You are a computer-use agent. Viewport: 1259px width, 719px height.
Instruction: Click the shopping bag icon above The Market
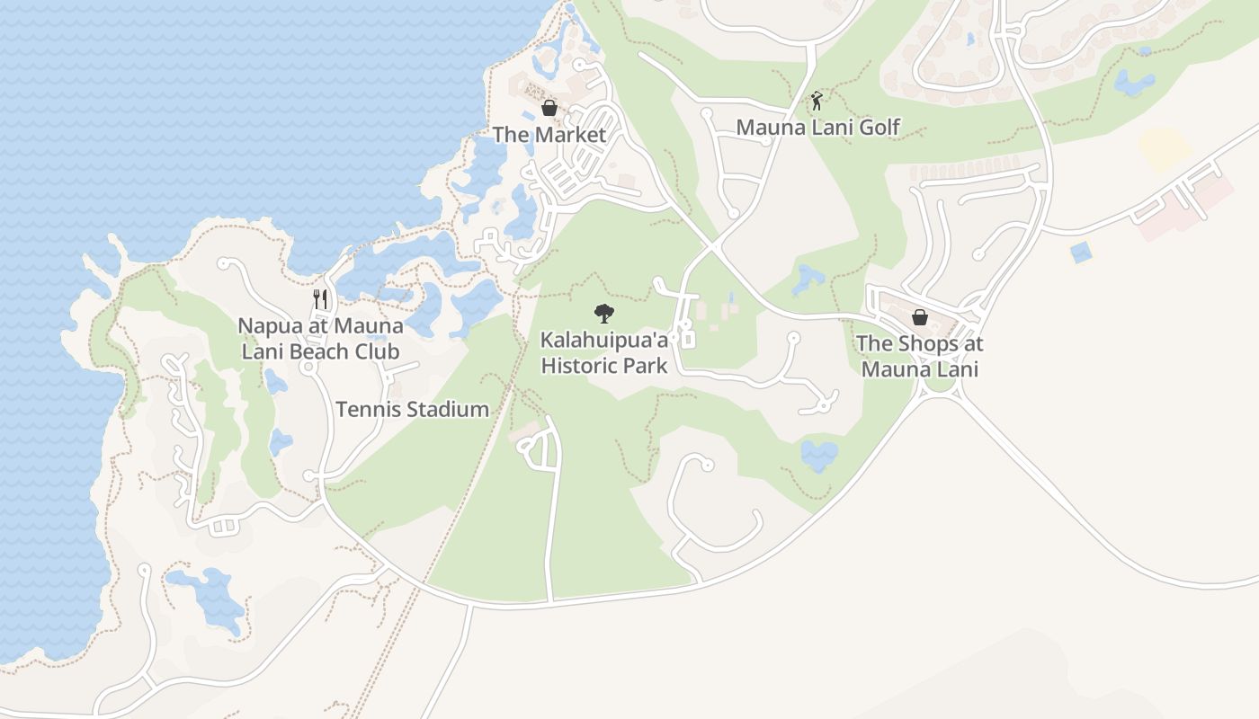(x=549, y=109)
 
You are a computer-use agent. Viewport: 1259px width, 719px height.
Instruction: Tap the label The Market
(x=549, y=135)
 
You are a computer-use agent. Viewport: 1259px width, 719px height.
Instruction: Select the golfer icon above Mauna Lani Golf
(x=817, y=101)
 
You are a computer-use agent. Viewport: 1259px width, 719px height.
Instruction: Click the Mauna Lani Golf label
(x=817, y=128)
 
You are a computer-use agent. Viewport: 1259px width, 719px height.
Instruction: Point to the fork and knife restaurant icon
(x=321, y=299)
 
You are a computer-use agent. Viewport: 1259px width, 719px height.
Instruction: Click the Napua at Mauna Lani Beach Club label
(x=320, y=338)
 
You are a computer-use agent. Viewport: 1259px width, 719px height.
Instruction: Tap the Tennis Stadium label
(x=413, y=410)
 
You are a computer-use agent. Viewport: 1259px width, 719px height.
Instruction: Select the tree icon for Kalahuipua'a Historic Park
(x=604, y=314)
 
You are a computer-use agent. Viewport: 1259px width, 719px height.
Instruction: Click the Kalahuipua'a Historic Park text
(x=604, y=353)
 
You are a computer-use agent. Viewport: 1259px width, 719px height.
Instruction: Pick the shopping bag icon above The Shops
(x=920, y=317)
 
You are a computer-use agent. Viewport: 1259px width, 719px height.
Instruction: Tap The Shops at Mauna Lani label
(x=920, y=356)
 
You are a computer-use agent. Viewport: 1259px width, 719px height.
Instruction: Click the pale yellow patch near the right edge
(x=1165, y=148)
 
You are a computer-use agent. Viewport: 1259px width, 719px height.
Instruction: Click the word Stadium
(x=449, y=410)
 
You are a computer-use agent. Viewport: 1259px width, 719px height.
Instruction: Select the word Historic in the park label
(x=583, y=366)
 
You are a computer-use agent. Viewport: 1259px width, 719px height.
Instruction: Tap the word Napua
(x=267, y=325)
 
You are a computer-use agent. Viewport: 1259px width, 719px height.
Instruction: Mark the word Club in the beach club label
(x=378, y=351)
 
